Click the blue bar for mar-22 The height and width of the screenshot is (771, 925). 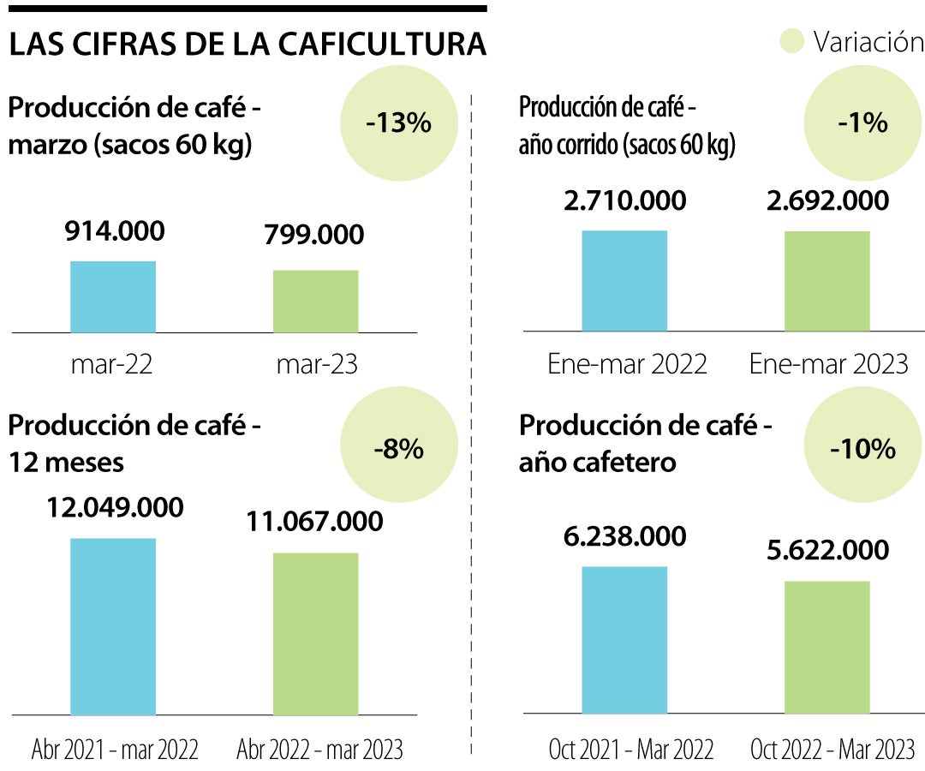point(113,296)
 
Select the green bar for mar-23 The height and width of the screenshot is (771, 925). point(315,302)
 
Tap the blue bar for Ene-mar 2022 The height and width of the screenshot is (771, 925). point(624,280)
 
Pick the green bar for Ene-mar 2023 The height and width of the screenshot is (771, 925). point(827,281)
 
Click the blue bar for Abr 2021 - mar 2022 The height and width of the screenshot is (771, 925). point(113,626)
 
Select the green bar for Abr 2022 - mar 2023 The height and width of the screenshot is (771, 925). point(315,633)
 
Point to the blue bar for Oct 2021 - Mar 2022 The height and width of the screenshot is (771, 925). point(624,640)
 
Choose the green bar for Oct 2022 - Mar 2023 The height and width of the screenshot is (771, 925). point(827,647)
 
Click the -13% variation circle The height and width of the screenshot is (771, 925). point(399,123)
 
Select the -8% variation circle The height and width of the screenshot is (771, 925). point(399,448)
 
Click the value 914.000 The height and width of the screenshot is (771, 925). point(115,230)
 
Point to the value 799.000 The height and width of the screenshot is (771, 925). point(314,234)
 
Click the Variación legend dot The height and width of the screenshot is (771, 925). point(793,42)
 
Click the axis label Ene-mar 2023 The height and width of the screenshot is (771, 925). point(828,364)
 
